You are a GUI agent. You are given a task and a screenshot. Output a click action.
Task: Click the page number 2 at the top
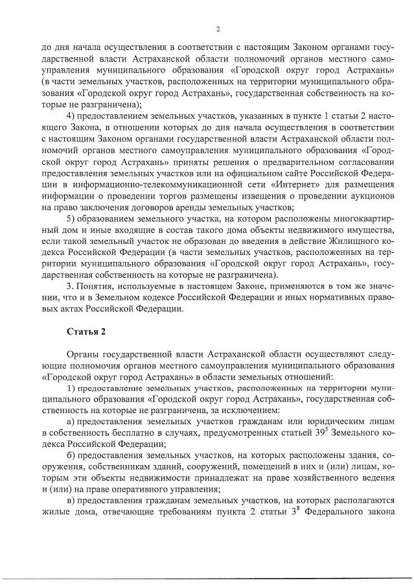[218, 29]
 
